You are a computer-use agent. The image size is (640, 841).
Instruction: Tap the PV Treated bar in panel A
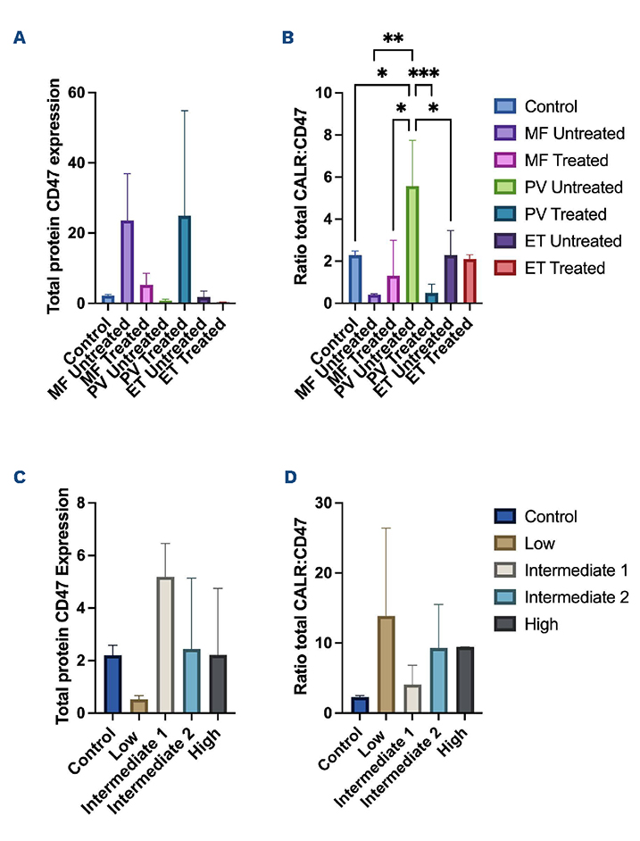click(x=185, y=259)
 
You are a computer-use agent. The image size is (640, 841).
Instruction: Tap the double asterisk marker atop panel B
click(x=393, y=39)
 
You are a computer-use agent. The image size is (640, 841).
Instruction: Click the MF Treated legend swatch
click(x=506, y=161)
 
